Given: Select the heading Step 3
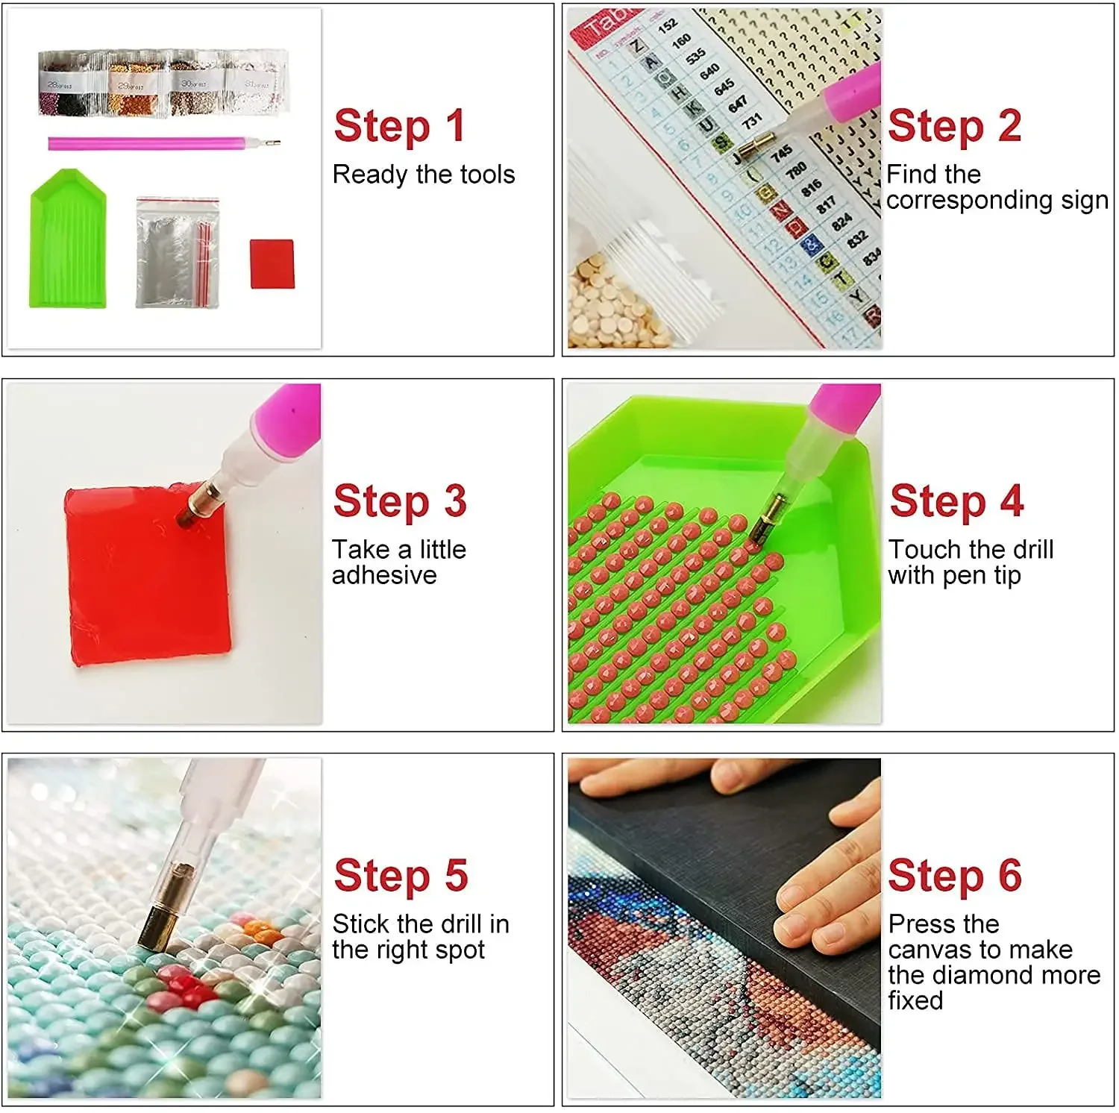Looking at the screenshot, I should [x=400, y=501].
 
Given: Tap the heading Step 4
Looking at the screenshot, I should [x=956, y=501].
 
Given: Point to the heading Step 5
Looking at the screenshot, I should [x=401, y=875].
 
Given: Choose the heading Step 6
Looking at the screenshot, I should [x=955, y=875].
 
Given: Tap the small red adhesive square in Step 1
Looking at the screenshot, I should [x=272, y=263].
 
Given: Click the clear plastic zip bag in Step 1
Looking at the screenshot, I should [x=178, y=252].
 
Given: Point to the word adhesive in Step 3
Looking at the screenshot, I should [x=384, y=575].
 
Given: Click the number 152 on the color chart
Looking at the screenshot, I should [x=667, y=24].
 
